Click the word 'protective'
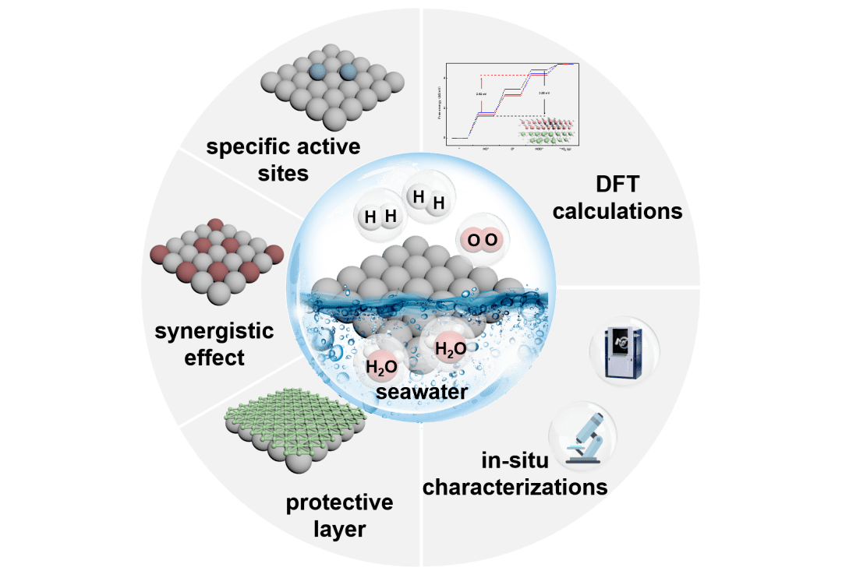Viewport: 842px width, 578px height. [339, 502]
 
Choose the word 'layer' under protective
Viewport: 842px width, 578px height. [339, 530]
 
